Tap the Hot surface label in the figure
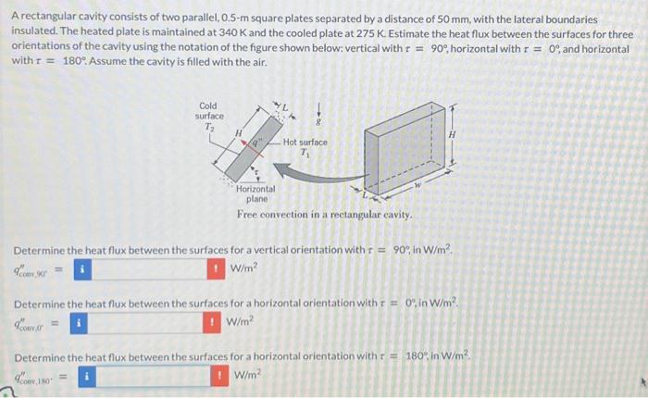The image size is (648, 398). tap(305, 143)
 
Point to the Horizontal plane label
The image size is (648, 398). tap(256, 193)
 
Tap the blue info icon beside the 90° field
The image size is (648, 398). tap(81, 269)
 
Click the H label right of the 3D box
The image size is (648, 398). tap(453, 134)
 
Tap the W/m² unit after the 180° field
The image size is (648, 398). tap(249, 377)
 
